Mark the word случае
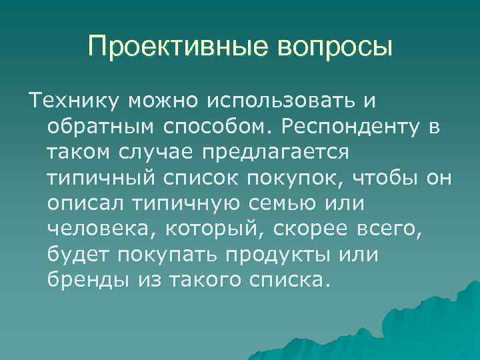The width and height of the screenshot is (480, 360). click(157, 152)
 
